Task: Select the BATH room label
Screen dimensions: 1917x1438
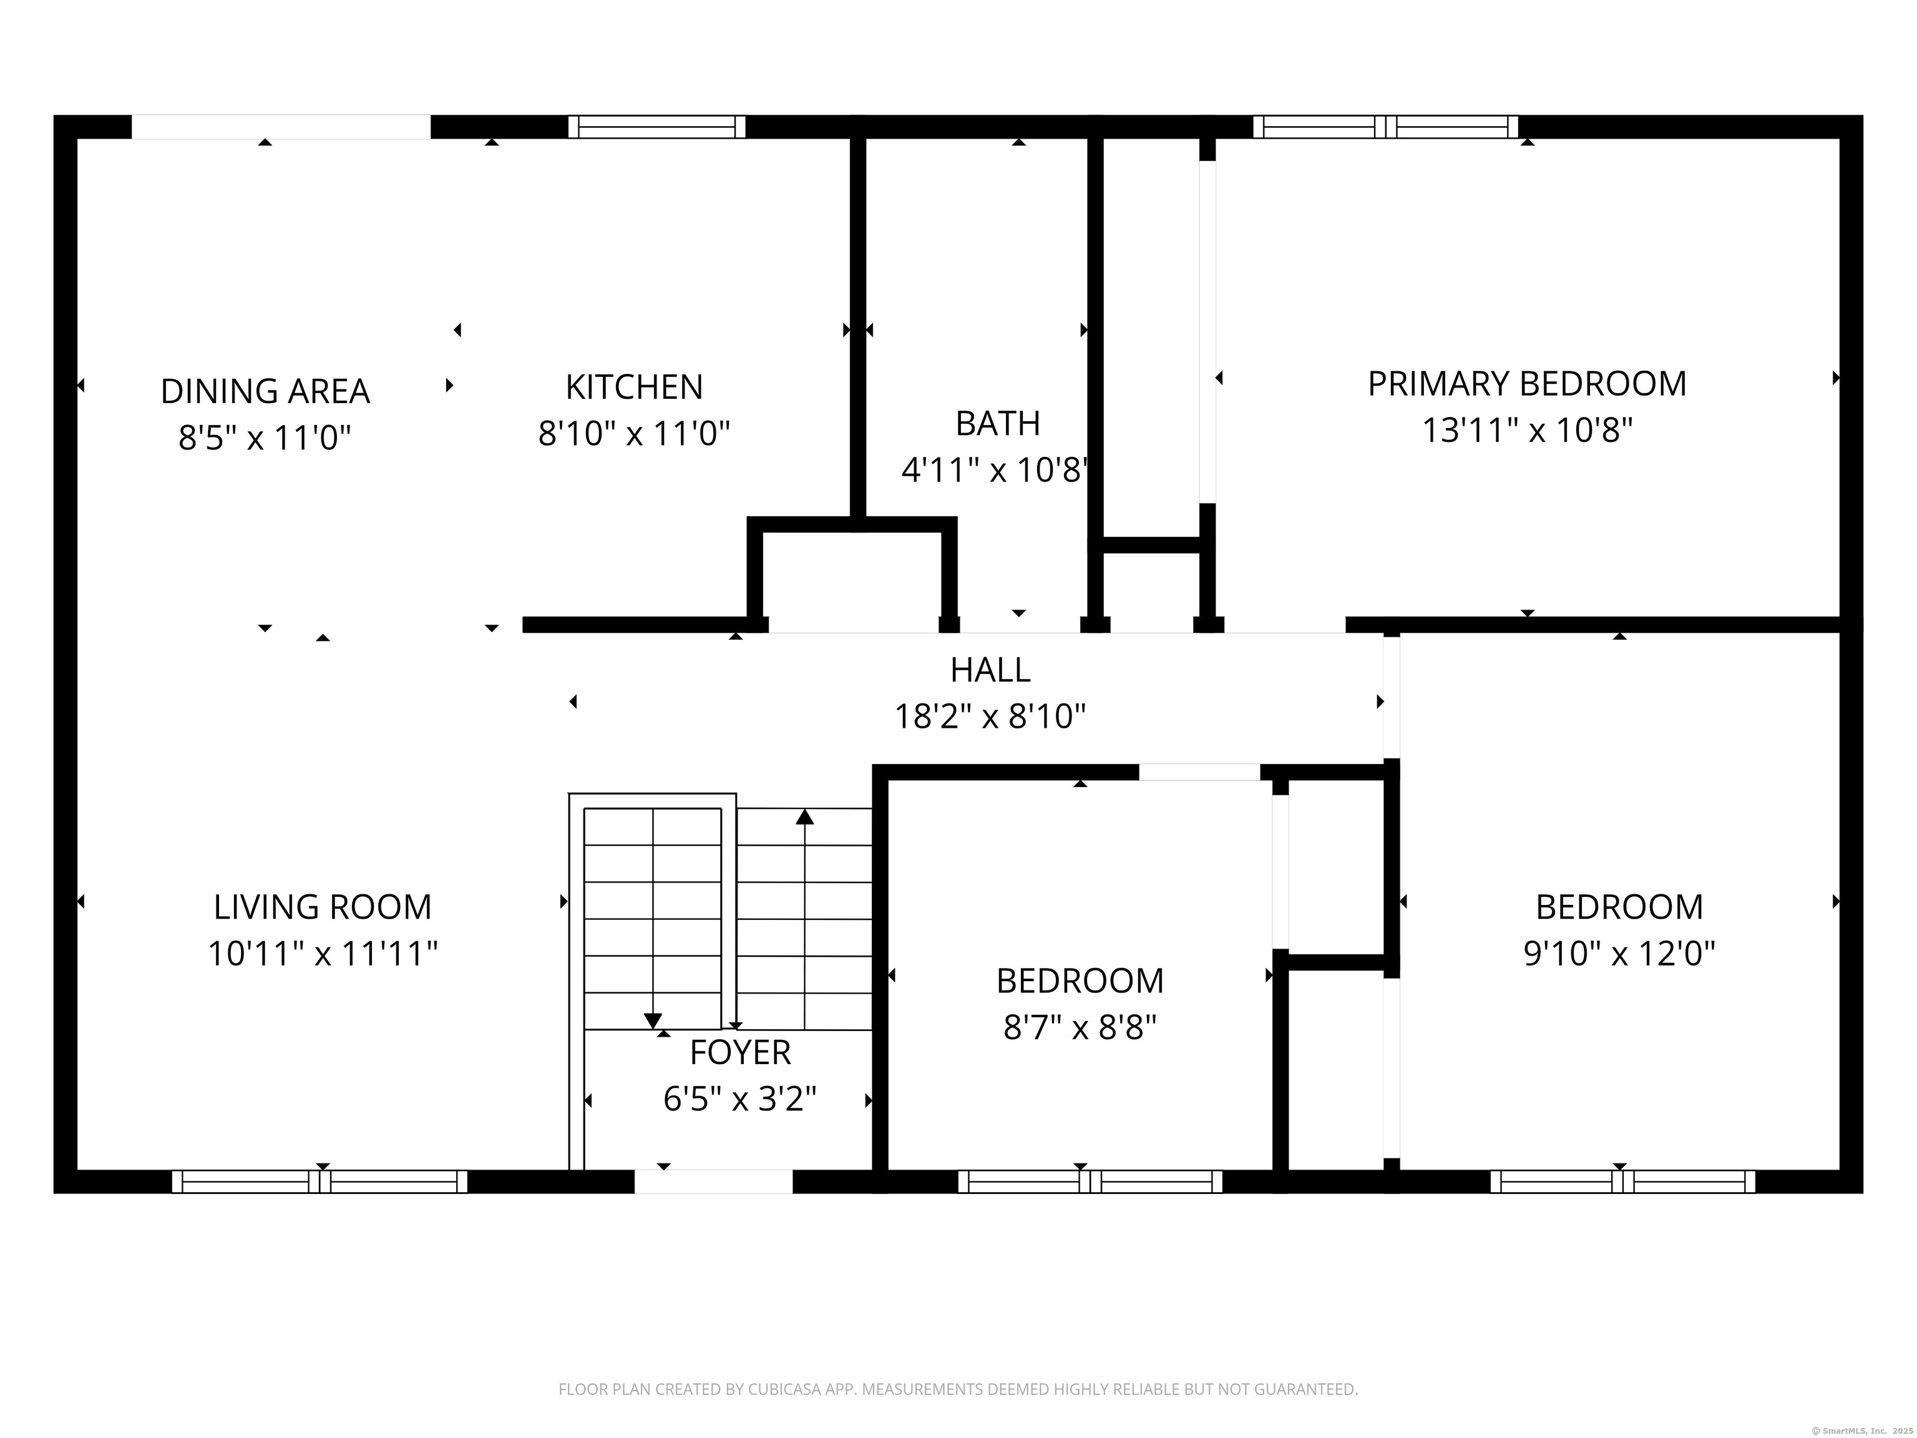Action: [997, 423]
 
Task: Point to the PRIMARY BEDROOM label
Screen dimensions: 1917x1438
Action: [1527, 383]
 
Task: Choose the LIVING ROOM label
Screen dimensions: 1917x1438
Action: [323, 907]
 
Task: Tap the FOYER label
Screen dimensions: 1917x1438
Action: [740, 1052]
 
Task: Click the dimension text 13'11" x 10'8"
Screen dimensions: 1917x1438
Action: [1527, 430]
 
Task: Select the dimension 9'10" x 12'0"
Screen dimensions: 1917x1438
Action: [1619, 954]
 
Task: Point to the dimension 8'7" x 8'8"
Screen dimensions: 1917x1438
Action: [1080, 1027]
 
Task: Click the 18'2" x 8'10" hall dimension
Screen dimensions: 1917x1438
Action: [990, 717]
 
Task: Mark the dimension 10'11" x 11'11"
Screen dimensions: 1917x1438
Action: [323, 954]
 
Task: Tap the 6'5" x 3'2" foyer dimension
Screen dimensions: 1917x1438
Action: [740, 1099]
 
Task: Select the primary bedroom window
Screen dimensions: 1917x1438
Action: [1386, 127]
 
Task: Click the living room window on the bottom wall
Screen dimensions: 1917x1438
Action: [319, 1181]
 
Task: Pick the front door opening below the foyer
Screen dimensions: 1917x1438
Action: [713, 1181]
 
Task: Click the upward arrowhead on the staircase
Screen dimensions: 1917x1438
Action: [805, 816]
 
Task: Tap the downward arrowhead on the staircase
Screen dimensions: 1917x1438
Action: [653, 1022]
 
